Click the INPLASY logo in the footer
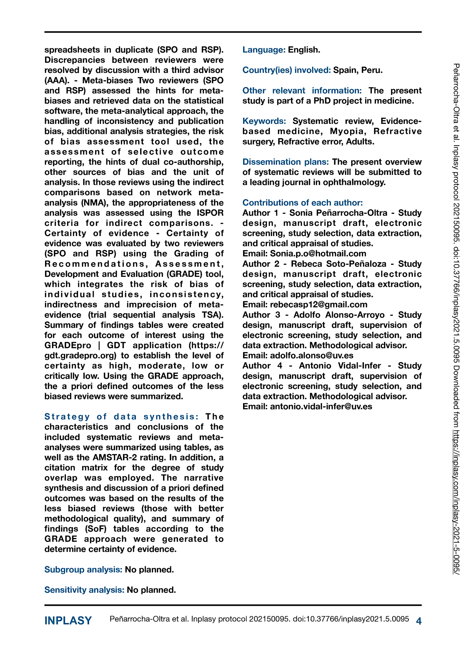(x=68, y=621)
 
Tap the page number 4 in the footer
(x=419, y=621)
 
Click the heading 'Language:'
(x=264, y=50)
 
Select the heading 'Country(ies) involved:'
(x=287, y=70)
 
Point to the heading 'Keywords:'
(x=264, y=121)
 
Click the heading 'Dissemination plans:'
(x=286, y=162)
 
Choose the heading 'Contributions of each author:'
(x=302, y=203)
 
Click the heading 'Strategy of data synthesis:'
(x=122, y=417)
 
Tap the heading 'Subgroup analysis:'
(x=83, y=569)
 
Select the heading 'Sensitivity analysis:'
(x=84, y=590)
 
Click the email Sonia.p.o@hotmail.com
(x=318, y=253)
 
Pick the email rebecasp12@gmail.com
(x=318, y=304)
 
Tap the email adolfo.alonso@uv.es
(x=312, y=355)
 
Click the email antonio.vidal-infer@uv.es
(x=321, y=406)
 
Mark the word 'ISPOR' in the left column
(x=210, y=213)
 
